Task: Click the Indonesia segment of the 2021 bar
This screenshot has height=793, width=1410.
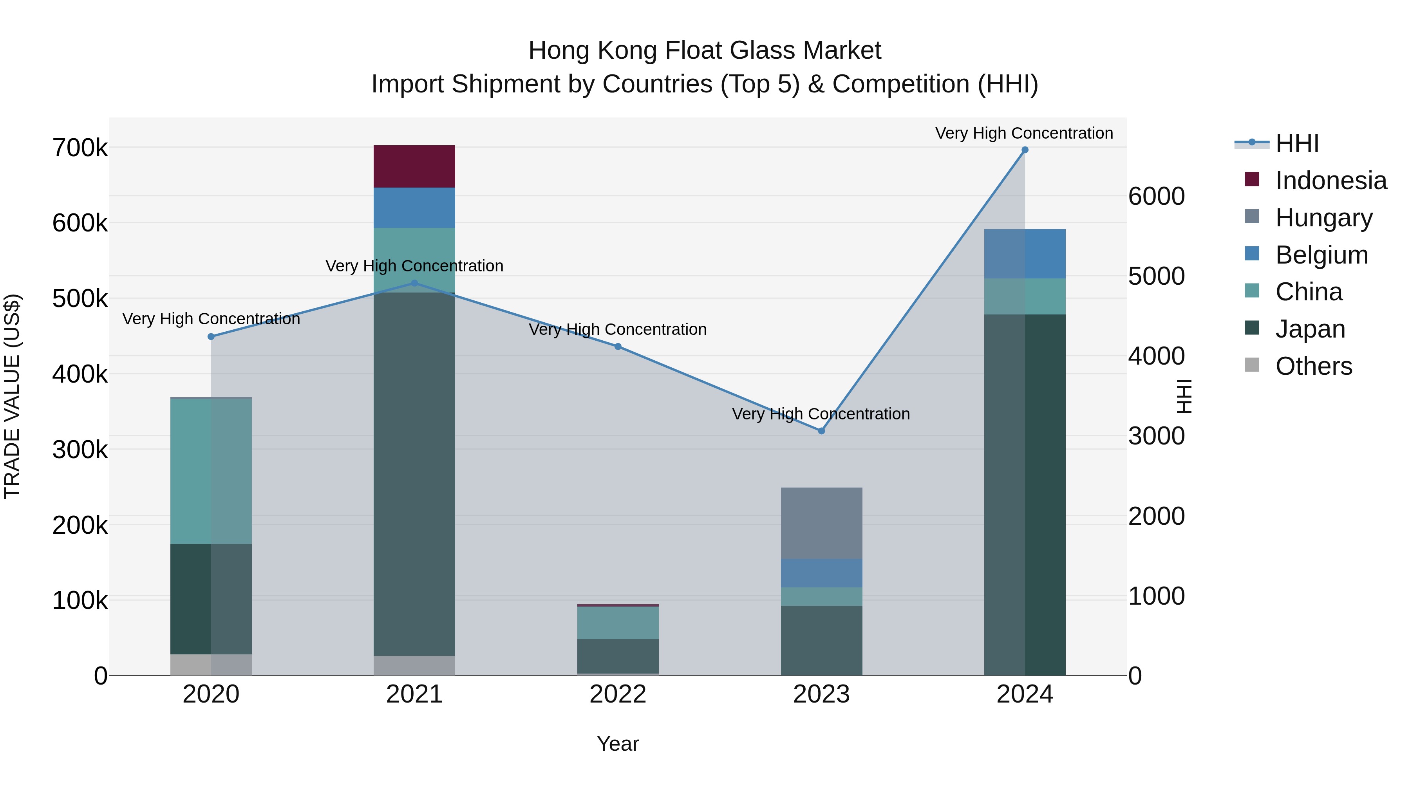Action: (414, 166)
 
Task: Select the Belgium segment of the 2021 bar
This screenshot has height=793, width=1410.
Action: (414, 208)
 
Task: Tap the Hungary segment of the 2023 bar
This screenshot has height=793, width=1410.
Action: (821, 523)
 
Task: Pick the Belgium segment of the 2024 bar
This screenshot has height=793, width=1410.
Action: (1025, 253)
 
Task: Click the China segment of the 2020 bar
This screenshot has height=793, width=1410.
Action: (211, 471)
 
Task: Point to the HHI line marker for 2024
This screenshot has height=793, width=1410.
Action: (1025, 150)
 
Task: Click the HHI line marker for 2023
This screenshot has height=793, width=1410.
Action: (821, 431)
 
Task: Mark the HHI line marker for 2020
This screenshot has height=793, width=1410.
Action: (211, 336)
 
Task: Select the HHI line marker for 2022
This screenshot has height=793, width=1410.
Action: (618, 347)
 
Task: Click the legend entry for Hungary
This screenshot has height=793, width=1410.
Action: (1323, 217)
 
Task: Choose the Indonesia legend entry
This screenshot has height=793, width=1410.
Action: (1330, 180)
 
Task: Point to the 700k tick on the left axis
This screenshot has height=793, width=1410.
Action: (80, 148)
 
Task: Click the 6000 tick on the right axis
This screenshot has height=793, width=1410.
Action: (1157, 197)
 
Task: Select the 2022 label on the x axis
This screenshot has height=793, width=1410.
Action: (618, 694)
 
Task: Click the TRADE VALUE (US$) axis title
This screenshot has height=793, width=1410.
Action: (12, 396)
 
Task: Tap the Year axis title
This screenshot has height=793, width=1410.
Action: (618, 744)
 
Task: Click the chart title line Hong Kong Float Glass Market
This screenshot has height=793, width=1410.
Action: (705, 51)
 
